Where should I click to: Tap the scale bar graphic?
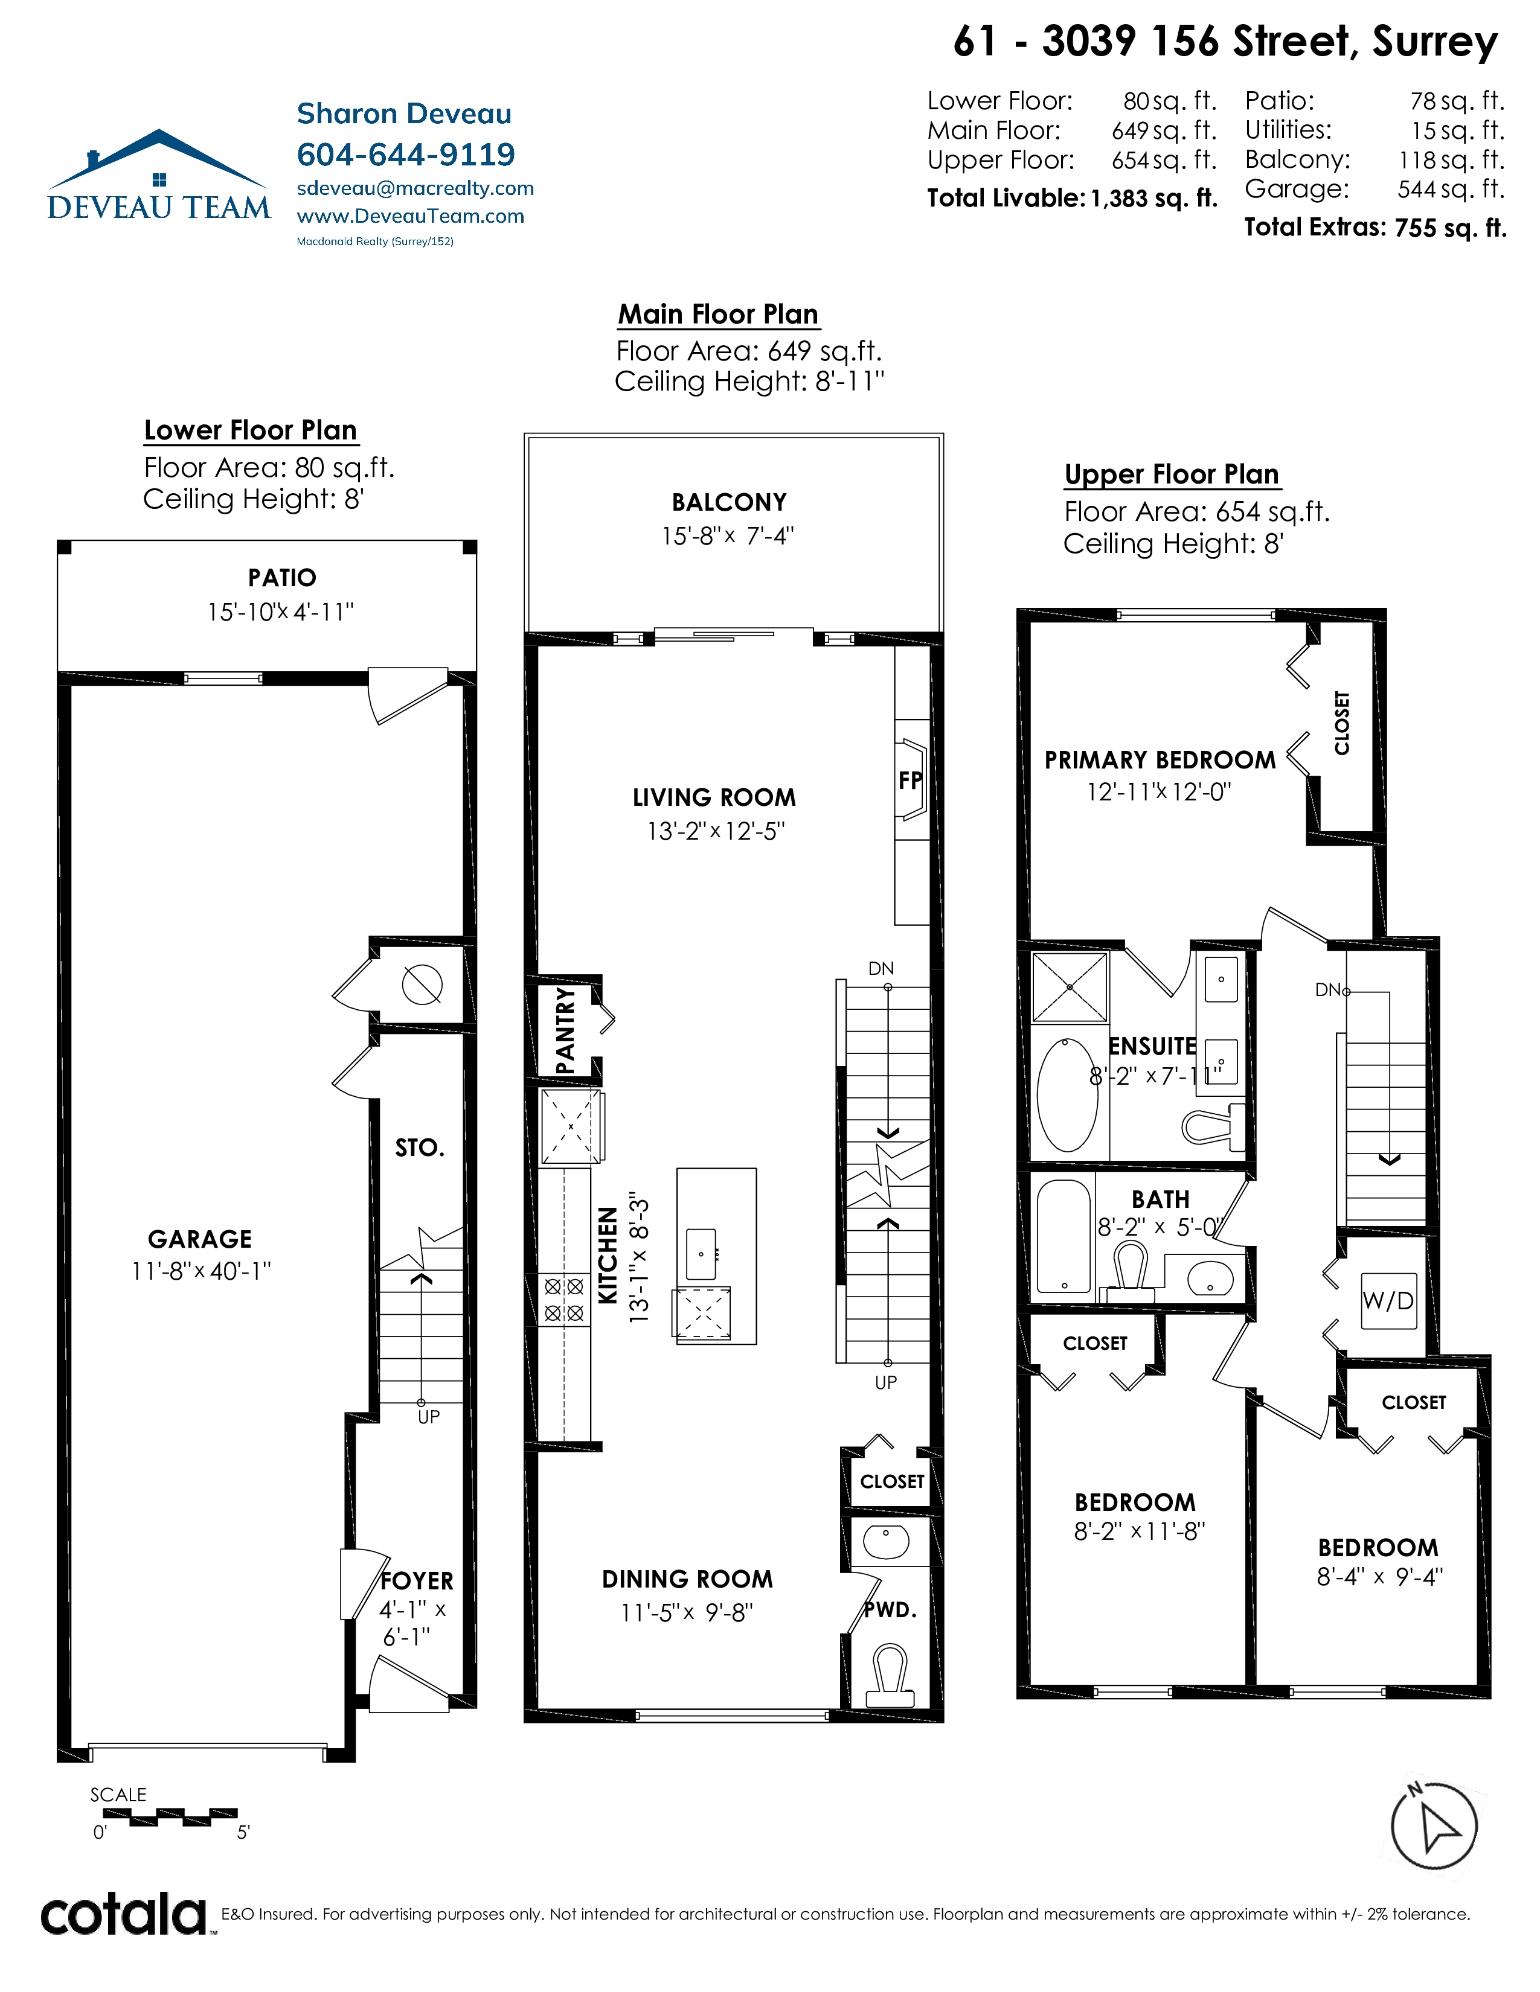pyautogui.click(x=170, y=1817)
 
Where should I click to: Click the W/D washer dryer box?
pyautogui.click(x=1388, y=1301)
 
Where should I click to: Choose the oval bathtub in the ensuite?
pyautogui.click(x=1067, y=1094)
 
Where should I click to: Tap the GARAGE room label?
pyautogui.click(x=200, y=1239)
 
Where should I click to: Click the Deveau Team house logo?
pyautogui.click(x=159, y=174)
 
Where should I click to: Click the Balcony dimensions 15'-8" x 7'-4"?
pyautogui.click(x=728, y=536)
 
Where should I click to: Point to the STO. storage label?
pyautogui.click(x=420, y=1148)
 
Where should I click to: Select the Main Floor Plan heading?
pyautogui.click(x=718, y=314)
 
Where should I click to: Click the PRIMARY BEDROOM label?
pyautogui.click(x=1160, y=760)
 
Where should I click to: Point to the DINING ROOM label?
pyautogui.click(x=687, y=1579)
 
